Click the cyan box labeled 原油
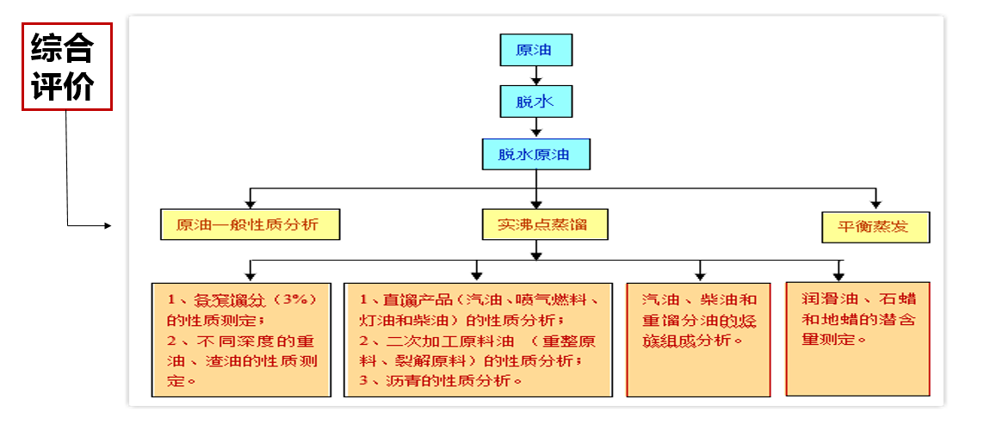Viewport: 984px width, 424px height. [535, 50]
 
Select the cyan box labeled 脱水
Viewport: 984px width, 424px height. [535, 102]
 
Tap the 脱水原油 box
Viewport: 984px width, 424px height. [535, 155]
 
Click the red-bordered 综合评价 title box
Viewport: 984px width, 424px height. [66, 66]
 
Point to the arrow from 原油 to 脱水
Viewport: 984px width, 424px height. [535, 76]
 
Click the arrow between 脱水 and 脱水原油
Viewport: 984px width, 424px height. [535, 128]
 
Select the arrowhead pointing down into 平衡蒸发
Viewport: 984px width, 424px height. [876, 204]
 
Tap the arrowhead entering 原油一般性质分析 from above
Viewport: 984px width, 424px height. [249, 204]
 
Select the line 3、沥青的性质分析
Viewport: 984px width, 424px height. [442, 380]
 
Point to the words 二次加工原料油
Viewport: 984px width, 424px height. [431, 341]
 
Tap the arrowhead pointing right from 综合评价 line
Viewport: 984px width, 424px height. [107, 226]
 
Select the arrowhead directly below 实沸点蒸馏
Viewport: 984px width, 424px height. [536, 255]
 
